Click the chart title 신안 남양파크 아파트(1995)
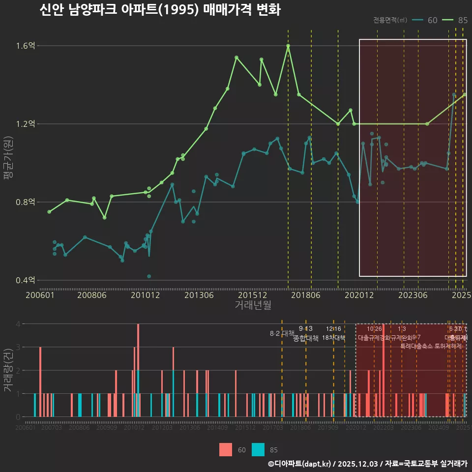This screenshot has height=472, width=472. click(160, 11)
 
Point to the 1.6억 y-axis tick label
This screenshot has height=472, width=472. click(26, 46)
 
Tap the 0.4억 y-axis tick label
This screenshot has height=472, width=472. click(26, 280)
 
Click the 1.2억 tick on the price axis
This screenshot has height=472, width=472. click(26, 124)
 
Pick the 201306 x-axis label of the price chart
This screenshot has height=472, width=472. click(199, 295)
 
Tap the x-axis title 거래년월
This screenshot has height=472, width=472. click(253, 305)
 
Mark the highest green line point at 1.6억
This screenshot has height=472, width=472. click(288, 46)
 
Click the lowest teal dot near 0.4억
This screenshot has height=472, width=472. click(149, 276)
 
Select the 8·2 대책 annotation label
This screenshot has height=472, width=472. click(282, 333)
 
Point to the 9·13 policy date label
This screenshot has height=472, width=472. click(305, 329)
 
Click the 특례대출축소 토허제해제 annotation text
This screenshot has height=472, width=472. click(431, 346)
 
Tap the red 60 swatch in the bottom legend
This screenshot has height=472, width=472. click(225, 449)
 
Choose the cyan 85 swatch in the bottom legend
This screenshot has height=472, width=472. click(258, 449)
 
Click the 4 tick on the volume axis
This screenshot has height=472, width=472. click(18, 324)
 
